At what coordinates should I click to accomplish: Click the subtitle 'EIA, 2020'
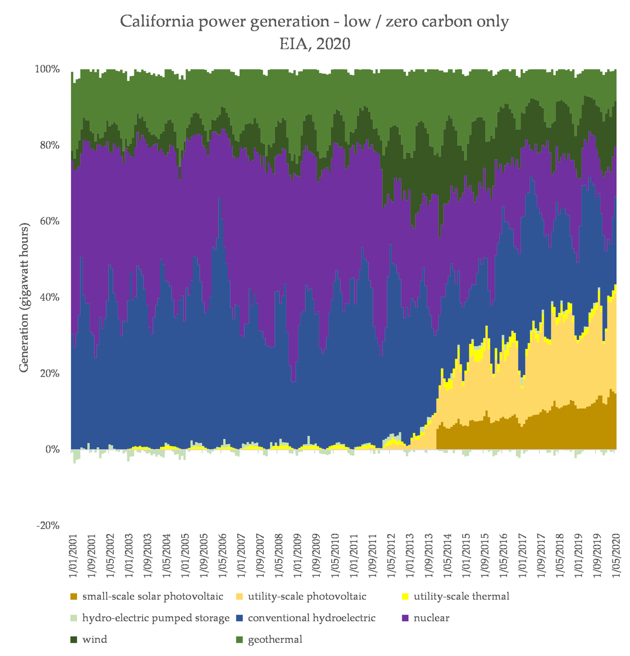point(314,44)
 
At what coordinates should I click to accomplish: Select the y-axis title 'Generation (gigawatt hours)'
point(24,297)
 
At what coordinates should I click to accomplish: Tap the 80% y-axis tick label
point(49,145)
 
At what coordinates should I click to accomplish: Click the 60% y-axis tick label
point(49,221)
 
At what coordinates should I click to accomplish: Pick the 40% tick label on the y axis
point(49,297)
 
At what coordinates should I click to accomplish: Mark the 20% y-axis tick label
point(49,373)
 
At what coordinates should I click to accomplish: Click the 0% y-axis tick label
point(51,449)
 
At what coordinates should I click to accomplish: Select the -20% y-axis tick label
point(48,525)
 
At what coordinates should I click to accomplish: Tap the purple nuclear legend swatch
point(405,618)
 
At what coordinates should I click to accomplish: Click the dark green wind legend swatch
point(73,640)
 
